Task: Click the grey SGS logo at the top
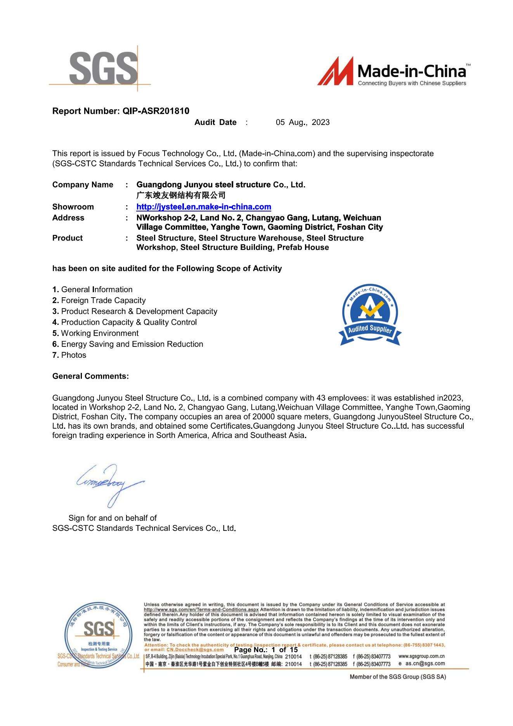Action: coord(103,69)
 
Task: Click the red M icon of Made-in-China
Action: coord(335,71)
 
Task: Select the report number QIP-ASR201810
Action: coord(156,111)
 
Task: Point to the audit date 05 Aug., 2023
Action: coord(303,122)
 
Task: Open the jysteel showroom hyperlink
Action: coord(204,207)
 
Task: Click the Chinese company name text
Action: coord(181,195)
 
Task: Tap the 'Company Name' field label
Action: coord(83,185)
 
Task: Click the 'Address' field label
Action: coord(68,218)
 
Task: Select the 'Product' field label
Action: coord(68,238)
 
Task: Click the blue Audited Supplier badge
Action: coord(370,314)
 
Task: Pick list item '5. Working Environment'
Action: coord(95,333)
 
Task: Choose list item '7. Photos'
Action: coord(69,355)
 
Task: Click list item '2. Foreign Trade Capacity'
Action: coord(99,300)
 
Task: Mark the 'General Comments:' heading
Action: coord(90,376)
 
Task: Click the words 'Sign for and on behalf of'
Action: coord(113,518)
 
